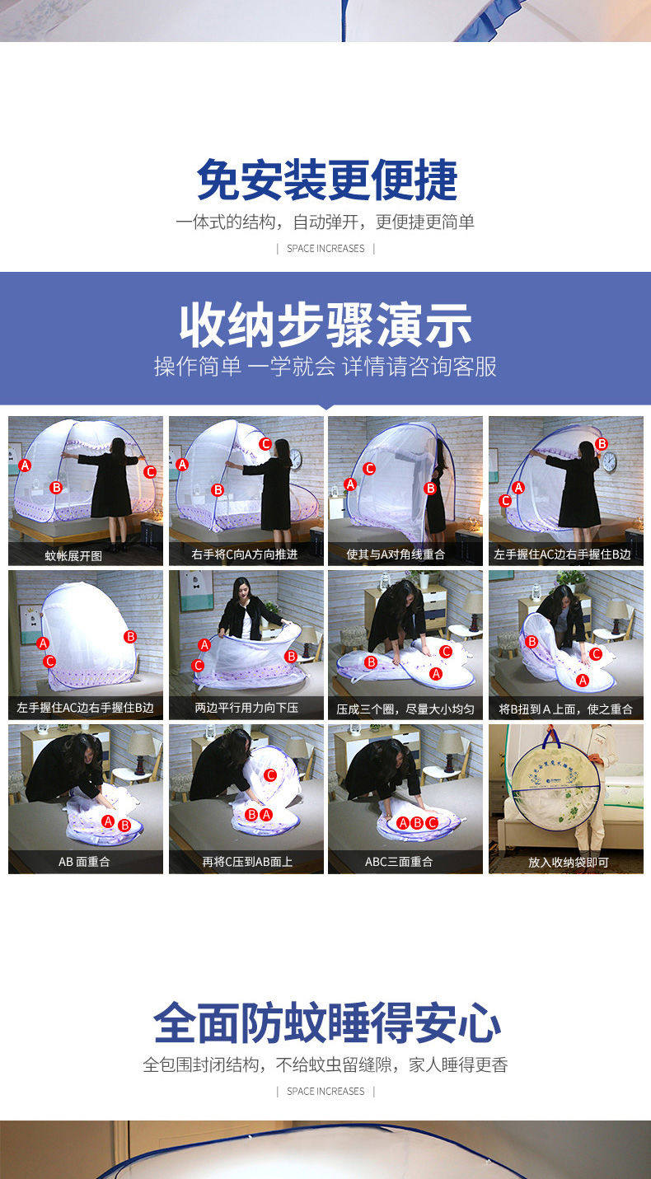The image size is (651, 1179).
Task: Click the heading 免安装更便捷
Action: pos(327,180)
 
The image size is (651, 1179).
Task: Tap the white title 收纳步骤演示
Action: pos(325,325)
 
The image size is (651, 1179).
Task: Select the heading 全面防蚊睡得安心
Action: pos(327,1022)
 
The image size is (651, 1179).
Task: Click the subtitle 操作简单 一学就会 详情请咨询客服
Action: pos(325,367)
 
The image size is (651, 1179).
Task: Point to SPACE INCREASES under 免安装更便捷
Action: pos(325,249)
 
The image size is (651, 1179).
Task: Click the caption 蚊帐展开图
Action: pos(73,556)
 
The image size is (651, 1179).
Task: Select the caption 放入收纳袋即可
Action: pos(569,862)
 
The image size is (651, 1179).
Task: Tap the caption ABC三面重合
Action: pos(399,862)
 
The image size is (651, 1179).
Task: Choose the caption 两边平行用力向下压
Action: pos(246,708)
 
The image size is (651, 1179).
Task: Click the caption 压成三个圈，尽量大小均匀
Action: pos(405,709)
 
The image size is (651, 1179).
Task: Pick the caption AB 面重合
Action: pos(84,862)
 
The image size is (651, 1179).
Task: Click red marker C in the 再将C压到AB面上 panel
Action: pos(270,774)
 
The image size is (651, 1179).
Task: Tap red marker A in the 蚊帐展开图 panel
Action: pos(25,465)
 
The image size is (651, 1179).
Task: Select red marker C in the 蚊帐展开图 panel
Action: pos(150,471)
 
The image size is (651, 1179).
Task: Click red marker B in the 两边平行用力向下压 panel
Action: pos(291,656)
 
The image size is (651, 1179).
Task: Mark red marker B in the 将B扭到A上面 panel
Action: pos(532,642)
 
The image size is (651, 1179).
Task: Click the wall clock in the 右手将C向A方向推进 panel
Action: pos(296,460)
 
